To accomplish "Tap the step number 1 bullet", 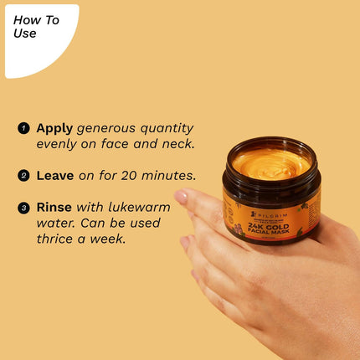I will pos(23,129).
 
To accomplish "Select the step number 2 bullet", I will pos(23,177).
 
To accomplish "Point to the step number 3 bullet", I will pos(23,207).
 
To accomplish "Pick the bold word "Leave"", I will pos(56,176).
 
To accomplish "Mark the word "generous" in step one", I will pos(107,129).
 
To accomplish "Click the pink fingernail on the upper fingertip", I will pos(180,198).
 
